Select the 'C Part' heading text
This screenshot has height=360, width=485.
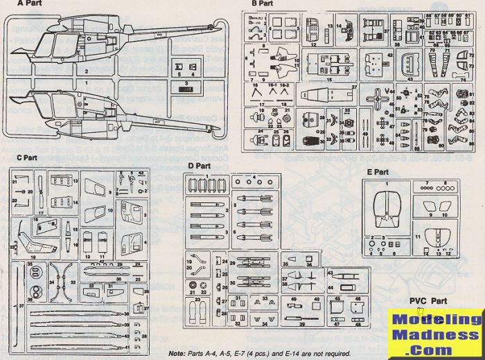coord(26,158)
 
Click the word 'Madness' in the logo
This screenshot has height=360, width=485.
coord(435,336)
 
